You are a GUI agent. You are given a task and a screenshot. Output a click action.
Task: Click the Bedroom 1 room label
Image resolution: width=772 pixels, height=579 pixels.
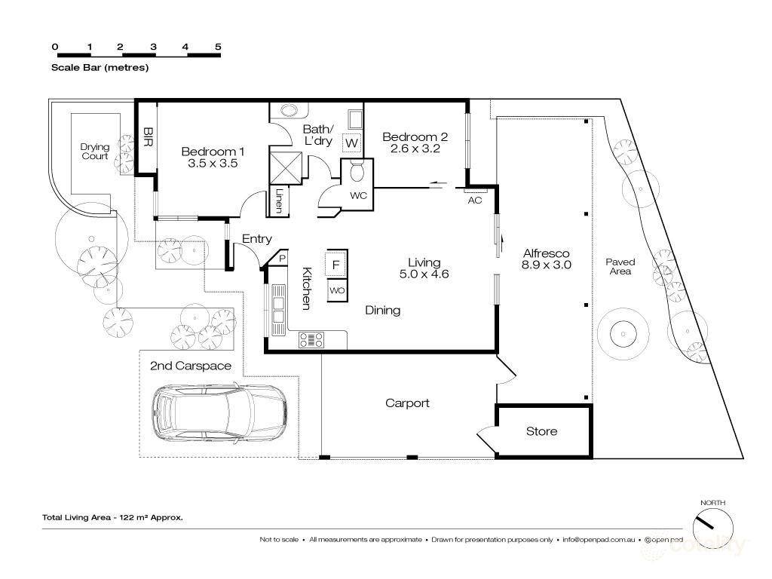coord(213,152)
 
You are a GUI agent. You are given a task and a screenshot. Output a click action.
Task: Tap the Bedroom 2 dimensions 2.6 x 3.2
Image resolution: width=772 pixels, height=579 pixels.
coord(415,149)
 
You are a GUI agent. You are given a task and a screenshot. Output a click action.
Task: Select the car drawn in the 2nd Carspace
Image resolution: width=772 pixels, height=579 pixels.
coord(219,412)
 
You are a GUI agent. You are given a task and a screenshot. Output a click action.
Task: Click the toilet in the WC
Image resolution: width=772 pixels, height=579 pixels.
coord(356,173)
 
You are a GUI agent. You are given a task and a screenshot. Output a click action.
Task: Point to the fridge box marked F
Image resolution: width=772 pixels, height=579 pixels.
coord(336,263)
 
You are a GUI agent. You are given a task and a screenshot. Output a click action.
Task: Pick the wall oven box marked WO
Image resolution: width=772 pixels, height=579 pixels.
coord(337,290)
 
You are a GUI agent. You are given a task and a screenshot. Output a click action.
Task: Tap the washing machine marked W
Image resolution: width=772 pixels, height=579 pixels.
coord(351,142)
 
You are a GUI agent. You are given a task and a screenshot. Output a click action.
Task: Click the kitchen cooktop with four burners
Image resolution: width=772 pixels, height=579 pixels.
coord(311,340)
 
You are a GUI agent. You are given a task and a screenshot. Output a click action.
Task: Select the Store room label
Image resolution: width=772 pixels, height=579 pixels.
coord(541,431)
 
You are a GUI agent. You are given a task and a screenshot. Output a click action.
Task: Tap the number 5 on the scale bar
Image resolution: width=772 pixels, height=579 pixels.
coord(218,47)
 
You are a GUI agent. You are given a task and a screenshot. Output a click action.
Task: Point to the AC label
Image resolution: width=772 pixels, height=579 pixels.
coord(475,201)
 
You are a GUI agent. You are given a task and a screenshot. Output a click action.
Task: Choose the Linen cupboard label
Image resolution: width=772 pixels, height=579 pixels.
coord(279,201)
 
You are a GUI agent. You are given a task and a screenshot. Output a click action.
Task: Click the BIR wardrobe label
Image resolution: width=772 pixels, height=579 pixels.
coord(147,137)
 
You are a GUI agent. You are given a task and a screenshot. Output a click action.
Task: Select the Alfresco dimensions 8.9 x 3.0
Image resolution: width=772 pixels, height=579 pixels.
coord(546,265)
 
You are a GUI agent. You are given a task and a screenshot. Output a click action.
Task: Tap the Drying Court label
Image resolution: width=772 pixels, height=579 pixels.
coord(94,151)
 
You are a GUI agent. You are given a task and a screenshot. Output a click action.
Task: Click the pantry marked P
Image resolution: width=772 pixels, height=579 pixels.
coord(282,258)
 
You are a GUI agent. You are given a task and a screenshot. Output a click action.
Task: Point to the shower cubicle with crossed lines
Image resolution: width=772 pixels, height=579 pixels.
coord(286,168)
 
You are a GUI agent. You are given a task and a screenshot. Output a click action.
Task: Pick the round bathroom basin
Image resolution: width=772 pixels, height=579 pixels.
coord(290,110)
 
